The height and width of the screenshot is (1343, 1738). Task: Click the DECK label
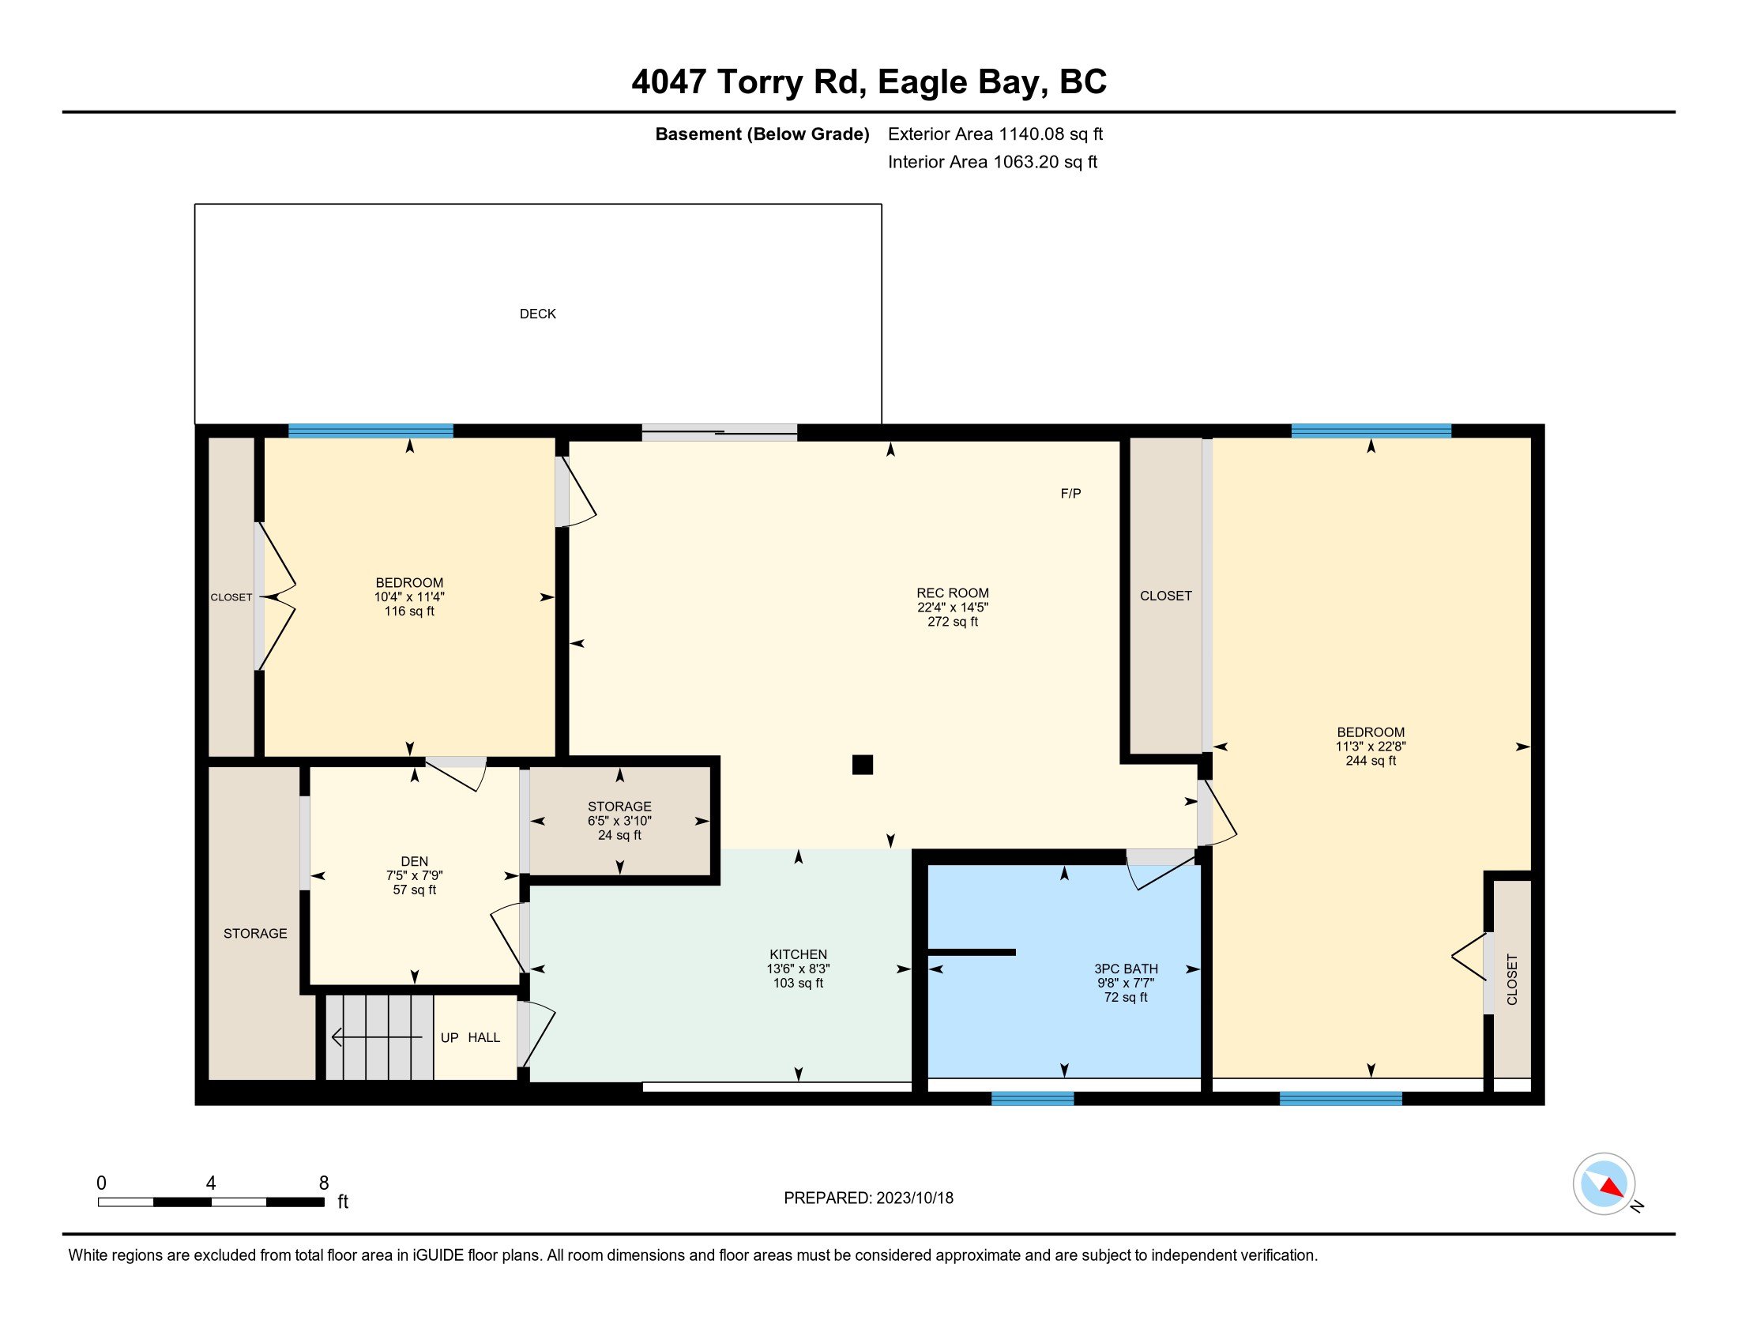tap(537, 314)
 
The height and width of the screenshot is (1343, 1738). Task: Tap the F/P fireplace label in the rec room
tap(1070, 493)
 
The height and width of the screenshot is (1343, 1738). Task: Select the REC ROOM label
tap(953, 592)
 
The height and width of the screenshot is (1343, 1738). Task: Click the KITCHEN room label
tap(798, 954)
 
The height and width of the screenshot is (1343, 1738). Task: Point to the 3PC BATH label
tap(1125, 969)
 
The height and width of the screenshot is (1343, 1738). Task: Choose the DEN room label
tap(414, 861)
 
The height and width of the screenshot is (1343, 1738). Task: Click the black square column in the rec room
tap(862, 765)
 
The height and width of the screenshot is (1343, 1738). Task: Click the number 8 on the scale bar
tap(324, 1183)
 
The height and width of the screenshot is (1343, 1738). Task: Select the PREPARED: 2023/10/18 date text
tap(868, 1198)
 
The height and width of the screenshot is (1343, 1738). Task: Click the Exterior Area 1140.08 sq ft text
tap(995, 134)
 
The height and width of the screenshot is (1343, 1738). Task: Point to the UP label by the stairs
tap(450, 1037)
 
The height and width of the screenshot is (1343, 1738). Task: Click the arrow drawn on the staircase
tap(377, 1037)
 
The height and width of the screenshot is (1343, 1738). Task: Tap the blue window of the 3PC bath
tap(1033, 1099)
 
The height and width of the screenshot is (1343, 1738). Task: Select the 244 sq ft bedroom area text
tap(1371, 761)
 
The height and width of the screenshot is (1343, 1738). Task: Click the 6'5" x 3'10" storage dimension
tap(619, 820)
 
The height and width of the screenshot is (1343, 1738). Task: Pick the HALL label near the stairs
tap(483, 1037)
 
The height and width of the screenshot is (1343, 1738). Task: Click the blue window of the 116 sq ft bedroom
tap(371, 431)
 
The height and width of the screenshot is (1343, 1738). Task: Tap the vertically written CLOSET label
tap(1512, 980)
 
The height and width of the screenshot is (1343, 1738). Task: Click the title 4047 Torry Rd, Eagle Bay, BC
tap(869, 81)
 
